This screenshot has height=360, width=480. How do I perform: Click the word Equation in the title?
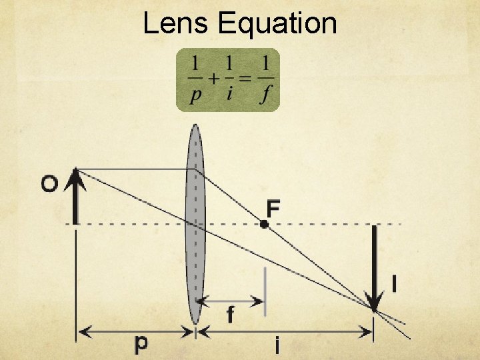(x=277, y=23)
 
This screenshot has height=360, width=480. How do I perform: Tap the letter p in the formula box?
(x=195, y=95)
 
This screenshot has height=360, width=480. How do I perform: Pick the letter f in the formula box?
(x=266, y=95)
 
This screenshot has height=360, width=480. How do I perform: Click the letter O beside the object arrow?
(x=49, y=184)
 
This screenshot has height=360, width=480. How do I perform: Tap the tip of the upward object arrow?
(x=77, y=170)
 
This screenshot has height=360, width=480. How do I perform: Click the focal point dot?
(x=264, y=224)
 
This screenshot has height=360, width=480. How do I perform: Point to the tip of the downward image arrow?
(x=375, y=309)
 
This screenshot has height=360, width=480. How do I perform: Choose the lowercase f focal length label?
(x=230, y=313)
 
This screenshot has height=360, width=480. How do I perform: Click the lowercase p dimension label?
(x=141, y=344)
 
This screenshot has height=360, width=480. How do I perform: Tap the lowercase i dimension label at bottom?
(x=277, y=345)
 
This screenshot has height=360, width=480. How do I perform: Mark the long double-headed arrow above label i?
(x=287, y=330)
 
